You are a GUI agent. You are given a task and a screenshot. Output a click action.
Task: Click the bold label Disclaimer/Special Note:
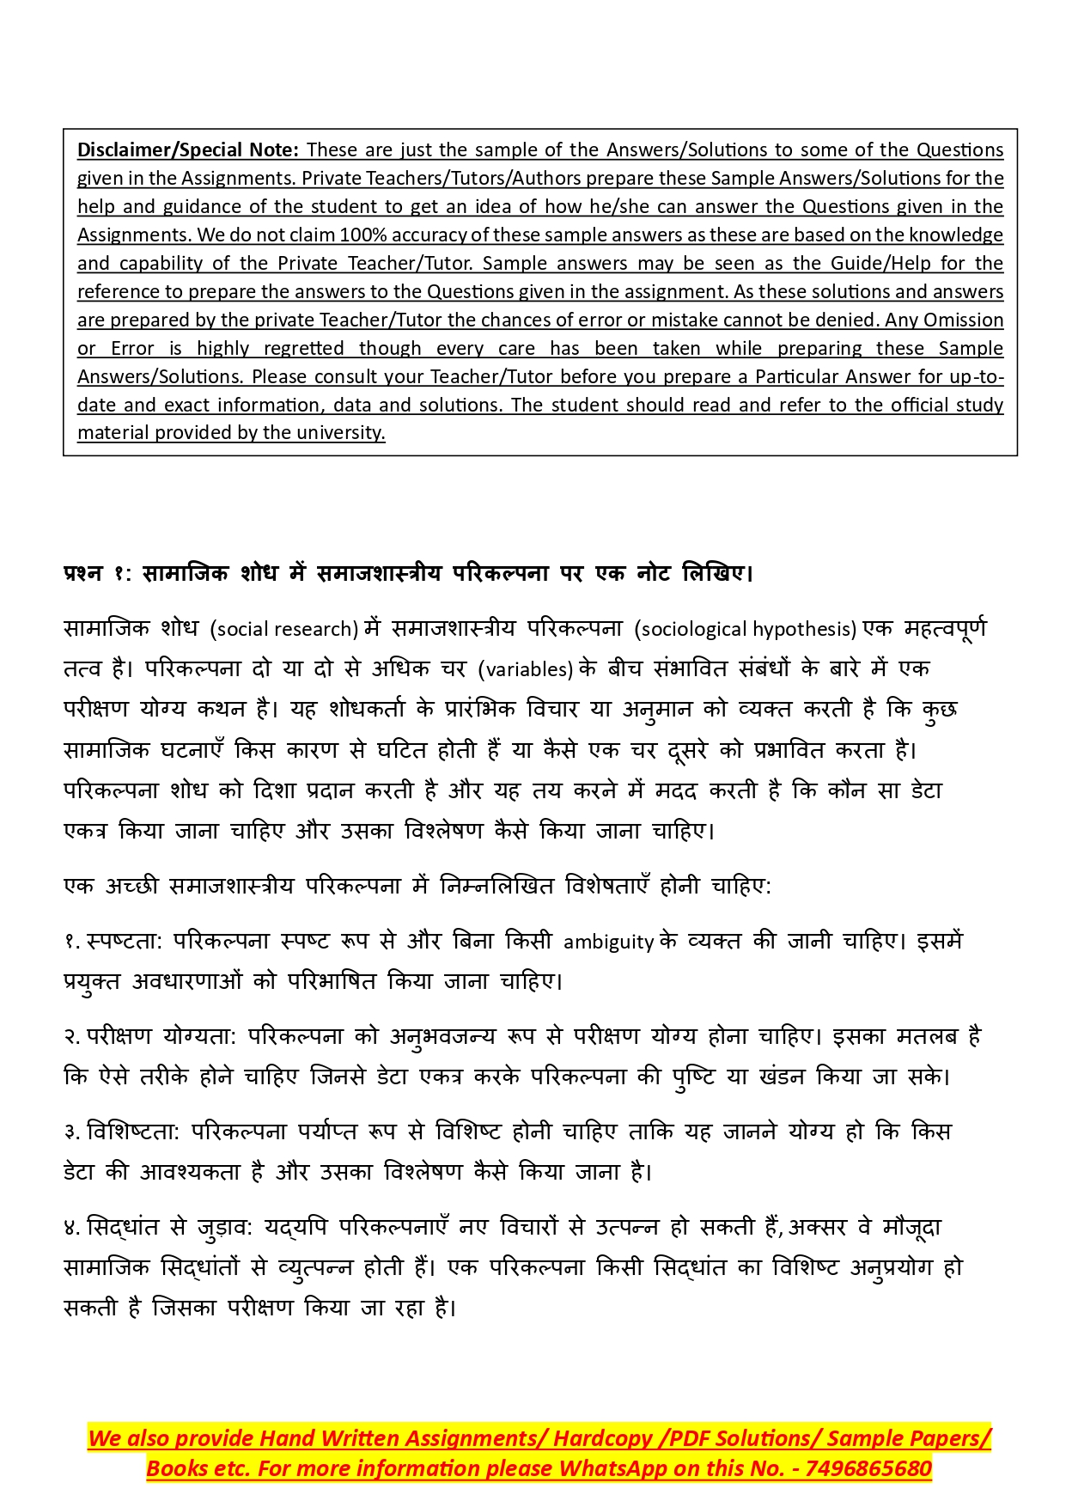point(187,149)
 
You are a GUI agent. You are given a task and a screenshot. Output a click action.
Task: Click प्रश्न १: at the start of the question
point(95,573)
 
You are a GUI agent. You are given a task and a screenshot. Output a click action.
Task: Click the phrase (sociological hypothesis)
point(745,629)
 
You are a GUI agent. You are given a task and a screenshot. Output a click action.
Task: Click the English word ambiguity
point(608,942)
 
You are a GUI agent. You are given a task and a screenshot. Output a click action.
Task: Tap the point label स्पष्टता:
point(125,942)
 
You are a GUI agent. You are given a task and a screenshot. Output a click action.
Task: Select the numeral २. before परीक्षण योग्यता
point(72,1037)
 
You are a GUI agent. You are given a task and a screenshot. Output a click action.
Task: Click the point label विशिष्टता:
point(133,1132)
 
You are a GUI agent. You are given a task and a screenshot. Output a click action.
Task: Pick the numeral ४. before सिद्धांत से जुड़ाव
point(72,1228)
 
